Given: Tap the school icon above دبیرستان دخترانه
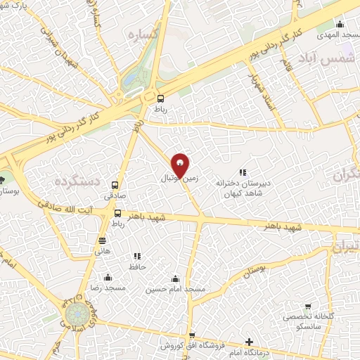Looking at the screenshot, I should [243, 172].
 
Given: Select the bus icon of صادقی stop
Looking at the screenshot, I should [115, 186].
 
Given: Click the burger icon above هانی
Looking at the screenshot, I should [103, 239].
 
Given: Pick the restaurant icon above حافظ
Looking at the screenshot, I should [137, 256].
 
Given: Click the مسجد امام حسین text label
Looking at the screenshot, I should [175, 289].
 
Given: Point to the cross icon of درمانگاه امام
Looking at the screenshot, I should [249, 342].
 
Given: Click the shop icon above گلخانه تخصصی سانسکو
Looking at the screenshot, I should [307, 307].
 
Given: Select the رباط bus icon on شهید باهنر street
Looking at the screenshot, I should [117, 213].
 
